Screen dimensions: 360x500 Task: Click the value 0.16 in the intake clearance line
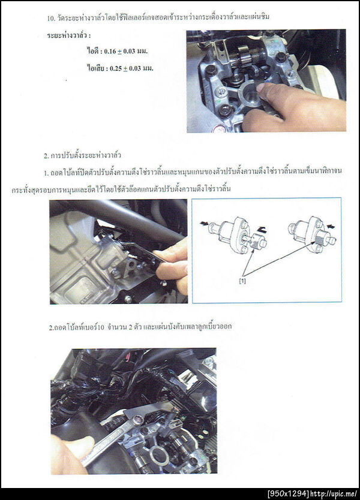[110, 52]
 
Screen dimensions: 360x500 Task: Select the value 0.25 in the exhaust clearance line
[116, 68]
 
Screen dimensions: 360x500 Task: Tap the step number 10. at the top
[52, 18]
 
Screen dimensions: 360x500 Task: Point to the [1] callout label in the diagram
[243, 281]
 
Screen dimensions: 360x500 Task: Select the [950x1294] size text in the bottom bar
[288, 494]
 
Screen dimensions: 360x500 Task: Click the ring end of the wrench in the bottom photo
[136, 420]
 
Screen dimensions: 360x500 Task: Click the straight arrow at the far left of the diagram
[203, 224]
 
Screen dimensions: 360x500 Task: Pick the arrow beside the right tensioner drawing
[331, 227]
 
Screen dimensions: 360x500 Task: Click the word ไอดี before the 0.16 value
[92, 51]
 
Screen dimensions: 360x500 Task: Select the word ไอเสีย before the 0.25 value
[95, 68]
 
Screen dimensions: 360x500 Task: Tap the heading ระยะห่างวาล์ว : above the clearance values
[68, 35]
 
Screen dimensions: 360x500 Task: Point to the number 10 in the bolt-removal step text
[101, 327]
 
